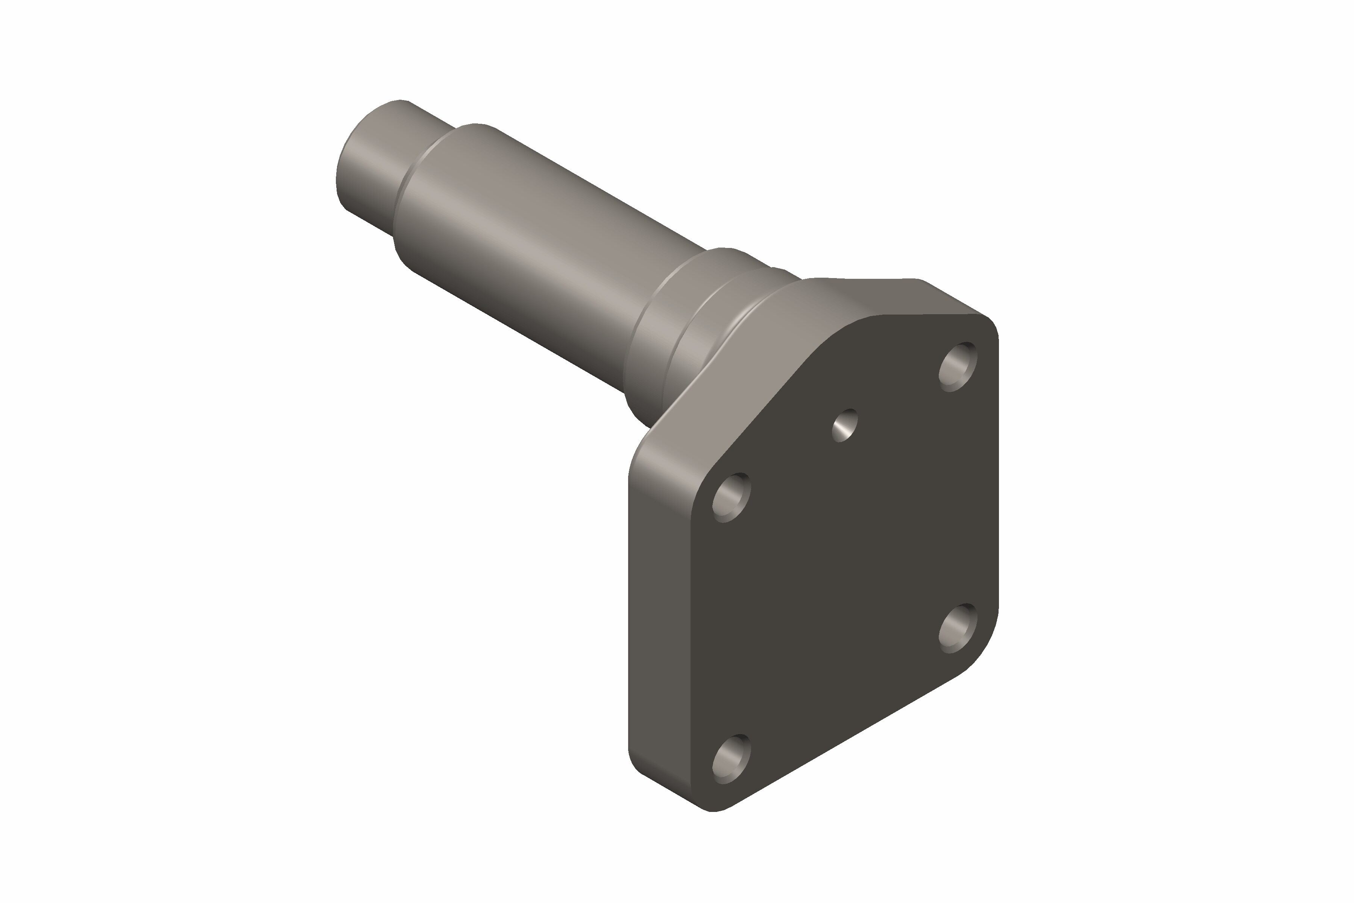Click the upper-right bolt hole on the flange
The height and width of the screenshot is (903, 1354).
[958, 367]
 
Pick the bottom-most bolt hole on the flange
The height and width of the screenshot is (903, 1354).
[731, 759]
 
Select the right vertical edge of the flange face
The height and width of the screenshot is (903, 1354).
[998, 478]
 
